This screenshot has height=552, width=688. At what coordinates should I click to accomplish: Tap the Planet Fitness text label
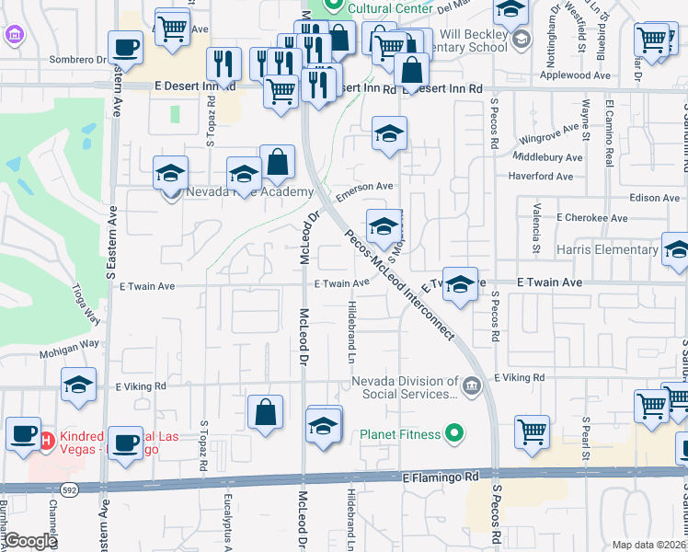[401, 433]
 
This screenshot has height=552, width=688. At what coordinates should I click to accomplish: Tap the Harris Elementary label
[607, 249]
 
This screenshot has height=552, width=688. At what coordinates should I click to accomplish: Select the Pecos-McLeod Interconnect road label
[400, 284]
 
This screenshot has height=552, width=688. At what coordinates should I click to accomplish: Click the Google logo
[30, 541]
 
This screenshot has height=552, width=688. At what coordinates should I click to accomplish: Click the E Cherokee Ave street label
[592, 218]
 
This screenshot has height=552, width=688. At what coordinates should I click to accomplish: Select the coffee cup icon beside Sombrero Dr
[125, 46]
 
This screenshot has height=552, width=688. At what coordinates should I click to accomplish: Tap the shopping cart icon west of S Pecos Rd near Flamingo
[533, 432]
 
